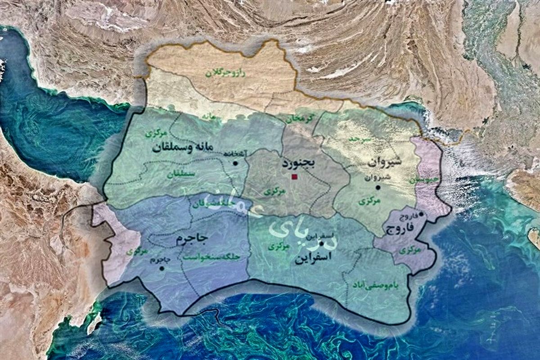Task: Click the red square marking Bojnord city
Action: tap(294, 177)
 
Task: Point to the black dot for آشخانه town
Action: tap(235, 164)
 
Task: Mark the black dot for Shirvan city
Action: tap(378, 187)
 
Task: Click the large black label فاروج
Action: tap(400, 229)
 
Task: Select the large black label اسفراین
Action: tap(315, 257)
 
